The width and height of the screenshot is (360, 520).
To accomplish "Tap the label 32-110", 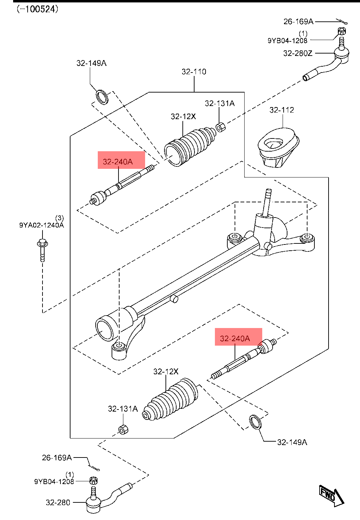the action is pos(194,72).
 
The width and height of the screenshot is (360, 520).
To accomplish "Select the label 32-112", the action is pos(282,110).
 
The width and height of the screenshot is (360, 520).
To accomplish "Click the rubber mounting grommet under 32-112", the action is pos(278,147).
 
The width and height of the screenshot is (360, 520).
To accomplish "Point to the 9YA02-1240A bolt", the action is pos(42,250).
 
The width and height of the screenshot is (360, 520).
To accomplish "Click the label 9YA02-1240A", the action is pos(41,225).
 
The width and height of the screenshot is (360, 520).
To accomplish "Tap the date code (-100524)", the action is pos(38,9).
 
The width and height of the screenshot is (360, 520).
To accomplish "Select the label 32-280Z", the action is pos(298,54).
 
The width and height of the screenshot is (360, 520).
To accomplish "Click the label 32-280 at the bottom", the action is pos(58,503).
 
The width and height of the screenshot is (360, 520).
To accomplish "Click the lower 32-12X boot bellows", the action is pos(171,400).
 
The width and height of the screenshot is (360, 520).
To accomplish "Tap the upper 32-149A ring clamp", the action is pos(102,97).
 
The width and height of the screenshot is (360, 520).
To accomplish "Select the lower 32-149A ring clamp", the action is pos(255,422).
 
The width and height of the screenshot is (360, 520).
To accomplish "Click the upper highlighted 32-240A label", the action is pos(118,162).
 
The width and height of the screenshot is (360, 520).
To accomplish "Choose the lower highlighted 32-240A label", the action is pos(235,338).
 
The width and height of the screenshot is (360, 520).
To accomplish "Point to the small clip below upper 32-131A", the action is pos(221,127).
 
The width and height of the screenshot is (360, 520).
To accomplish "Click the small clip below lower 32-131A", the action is pos(123,430).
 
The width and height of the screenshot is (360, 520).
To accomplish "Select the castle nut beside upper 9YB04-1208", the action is pos(341,31).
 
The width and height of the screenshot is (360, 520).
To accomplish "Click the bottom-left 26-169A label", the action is pos(57,458).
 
